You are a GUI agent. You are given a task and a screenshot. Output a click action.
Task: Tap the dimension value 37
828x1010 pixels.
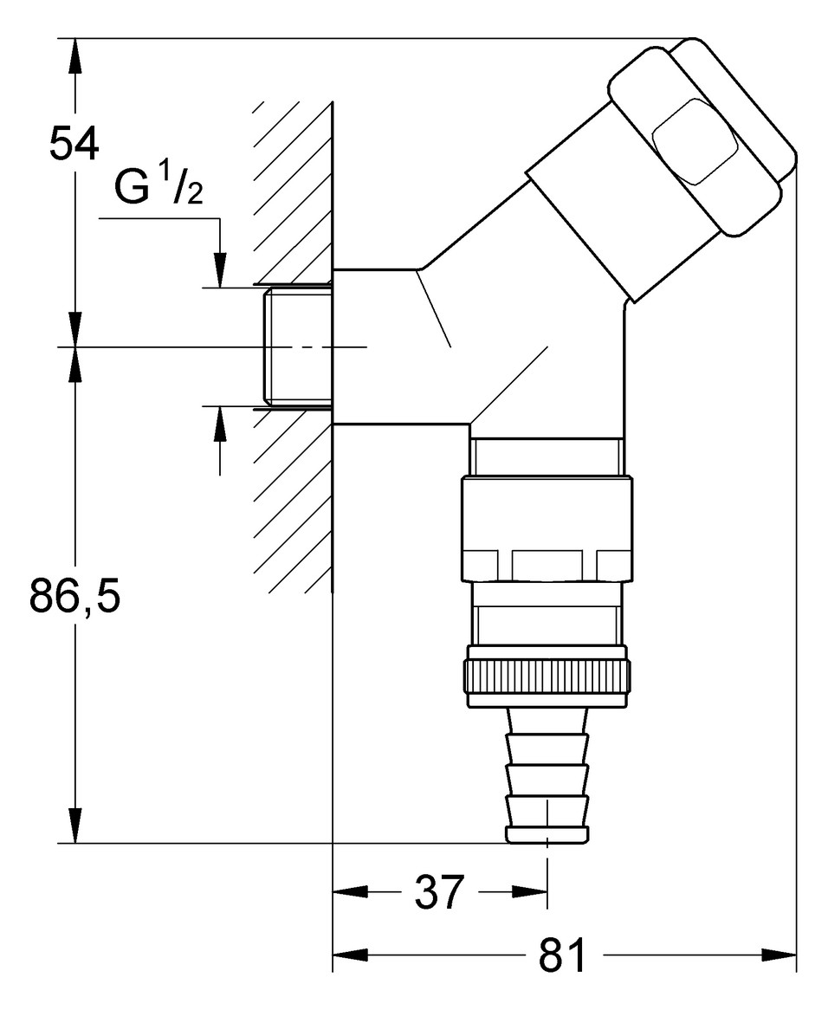tap(440, 891)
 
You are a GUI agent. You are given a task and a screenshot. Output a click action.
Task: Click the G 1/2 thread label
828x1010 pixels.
tap(159, 190)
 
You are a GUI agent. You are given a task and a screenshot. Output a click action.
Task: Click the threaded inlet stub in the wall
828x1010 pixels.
tap(296, 347)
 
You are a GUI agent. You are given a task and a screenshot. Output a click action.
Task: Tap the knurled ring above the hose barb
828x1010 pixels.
tap(548, 673)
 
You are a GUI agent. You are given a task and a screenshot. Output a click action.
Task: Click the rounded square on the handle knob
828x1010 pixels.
tap(694, 142)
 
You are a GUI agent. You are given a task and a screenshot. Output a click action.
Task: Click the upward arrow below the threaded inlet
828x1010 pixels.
tap(221, 424)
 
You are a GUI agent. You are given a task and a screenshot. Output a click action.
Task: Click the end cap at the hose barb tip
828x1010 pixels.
tap(547, 834)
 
